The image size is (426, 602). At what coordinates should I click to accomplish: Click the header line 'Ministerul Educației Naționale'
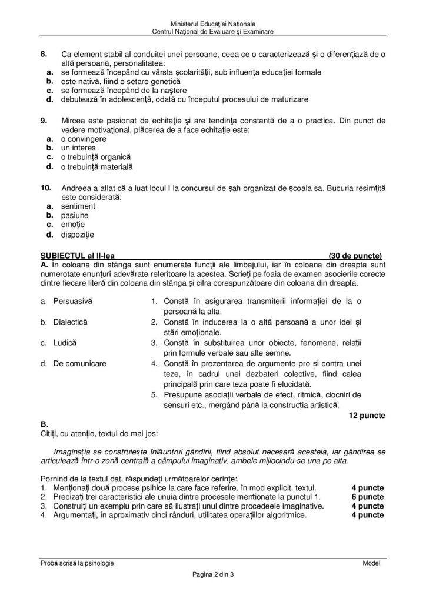tap(212, 23)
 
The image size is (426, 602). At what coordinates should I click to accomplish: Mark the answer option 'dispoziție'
tap(78, 235)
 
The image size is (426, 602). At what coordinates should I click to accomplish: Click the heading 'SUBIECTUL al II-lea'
tap(74, 256)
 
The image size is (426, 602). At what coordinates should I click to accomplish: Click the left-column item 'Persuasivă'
tap(72, 301)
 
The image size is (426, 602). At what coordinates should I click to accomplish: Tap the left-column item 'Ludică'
tap(65, 342)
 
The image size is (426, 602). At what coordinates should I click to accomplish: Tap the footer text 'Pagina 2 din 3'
tap(212, 574)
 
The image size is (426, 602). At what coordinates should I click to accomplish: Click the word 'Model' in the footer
tap(371, 563)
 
